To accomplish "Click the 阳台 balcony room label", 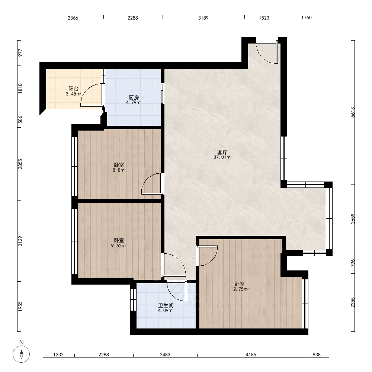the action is click(x=74, y=89).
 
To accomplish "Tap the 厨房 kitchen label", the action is click(x=134, y=97).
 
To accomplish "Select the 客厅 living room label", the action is click(x=222, y=152).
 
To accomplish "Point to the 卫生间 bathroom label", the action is click(x=166, y=305).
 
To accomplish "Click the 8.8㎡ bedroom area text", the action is click(x=119, y=170).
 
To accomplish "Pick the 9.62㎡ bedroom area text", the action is click(x=119, y=246).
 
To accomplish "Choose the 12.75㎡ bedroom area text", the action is click(x=240, y=289).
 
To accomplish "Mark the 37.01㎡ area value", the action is click(x=222, y=157).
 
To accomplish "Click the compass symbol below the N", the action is click(x=21, y=354).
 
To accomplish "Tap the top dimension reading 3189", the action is click(x=203, y=18).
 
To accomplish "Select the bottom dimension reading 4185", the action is click(x=251, y=355).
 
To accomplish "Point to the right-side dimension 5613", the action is click(x=353, y=112).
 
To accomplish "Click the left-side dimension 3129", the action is click(x=20, y=241).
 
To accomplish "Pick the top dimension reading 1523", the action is click(x=264, y=18).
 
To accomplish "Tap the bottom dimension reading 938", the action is click(x=317, y=355).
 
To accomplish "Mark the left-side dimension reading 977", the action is click(x=20, y=52).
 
